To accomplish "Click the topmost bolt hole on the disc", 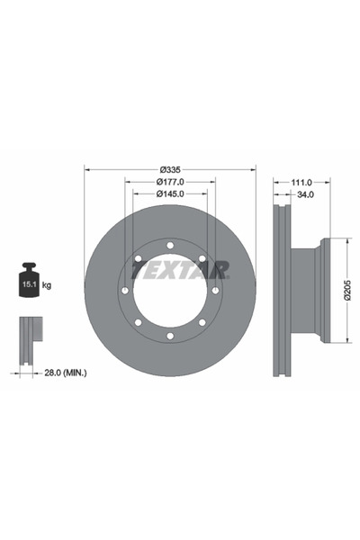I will (169, 245).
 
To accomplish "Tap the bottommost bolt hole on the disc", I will (169, 336).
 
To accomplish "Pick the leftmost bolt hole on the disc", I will (124, 290).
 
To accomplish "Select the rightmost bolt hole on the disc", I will (215, 290).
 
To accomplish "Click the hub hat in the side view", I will (310, 290).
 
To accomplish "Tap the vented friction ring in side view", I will (281, 290).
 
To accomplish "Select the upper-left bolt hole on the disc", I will (138, 258).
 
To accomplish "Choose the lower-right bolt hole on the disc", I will (202, 322).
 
